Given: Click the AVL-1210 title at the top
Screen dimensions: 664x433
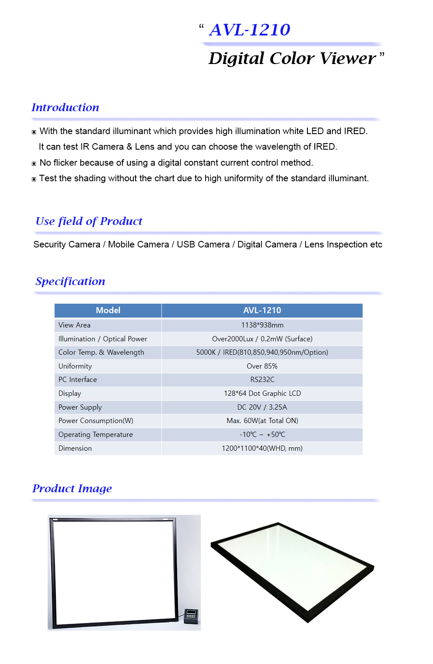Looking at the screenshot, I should [x=249, y=30].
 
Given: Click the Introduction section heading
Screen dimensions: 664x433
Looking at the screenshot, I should [x=65, y=107].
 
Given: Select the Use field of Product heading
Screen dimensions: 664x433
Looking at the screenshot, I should [x=89, y=221].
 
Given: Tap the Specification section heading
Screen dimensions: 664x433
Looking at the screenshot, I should [x=70, y=281].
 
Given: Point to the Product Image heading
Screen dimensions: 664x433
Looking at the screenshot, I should [x=72, y=488].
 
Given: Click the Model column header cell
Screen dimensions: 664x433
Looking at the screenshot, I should [x=108, y=310].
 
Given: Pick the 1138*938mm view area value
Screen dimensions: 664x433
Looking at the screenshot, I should [x=262, y=325].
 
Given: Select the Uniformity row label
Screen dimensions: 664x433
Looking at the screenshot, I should [x=75, y=366].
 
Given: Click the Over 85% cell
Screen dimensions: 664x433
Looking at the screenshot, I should [x=262, y=366].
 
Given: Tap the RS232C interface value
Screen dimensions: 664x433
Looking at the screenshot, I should [x=262, y=379].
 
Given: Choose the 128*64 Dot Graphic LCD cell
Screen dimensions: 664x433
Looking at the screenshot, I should [x=262, y=393].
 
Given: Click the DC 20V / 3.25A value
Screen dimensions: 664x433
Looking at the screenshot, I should [x=262, y=407].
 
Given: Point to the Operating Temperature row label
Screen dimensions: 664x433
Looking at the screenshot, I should [x=96, y=434].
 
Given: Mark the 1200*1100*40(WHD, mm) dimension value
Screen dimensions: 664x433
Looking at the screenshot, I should [x=262, y=448].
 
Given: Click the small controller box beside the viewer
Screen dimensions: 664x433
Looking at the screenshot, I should [x=191, y=616].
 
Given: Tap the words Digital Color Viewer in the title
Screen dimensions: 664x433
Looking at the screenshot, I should [x=292, y=58].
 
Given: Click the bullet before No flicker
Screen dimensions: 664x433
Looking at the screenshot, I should [x=34, y=164].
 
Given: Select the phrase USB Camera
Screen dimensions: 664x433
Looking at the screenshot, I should [x=203, y=244].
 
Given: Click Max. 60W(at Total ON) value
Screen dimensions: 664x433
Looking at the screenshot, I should [x=262, y=420].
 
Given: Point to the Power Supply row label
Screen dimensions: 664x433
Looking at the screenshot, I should [x=80, y=407].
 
